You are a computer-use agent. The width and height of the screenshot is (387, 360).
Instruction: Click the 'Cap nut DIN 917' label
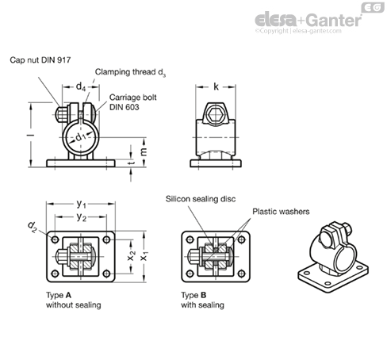40,60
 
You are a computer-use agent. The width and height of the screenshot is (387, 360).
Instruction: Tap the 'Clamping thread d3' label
130,72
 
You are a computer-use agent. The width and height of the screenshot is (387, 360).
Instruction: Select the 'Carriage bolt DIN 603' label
132,102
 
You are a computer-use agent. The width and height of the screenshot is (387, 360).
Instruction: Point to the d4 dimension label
81,86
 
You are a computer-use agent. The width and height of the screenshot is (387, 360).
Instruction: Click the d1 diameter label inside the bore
81,137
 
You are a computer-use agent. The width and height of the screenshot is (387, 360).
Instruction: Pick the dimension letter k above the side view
216,86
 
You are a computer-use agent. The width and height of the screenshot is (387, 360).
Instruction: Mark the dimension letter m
143,151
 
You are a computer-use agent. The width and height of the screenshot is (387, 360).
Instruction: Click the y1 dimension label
81,204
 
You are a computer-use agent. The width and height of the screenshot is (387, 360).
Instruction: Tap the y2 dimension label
81,217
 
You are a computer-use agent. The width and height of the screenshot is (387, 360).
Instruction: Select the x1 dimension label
144,256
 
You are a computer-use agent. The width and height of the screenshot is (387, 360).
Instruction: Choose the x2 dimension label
132,255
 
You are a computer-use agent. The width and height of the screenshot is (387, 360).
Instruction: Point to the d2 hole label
32,227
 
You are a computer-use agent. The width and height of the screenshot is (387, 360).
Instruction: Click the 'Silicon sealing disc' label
201,199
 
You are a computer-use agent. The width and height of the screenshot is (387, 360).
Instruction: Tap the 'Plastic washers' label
281,212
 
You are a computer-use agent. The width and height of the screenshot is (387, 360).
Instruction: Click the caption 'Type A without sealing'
74,300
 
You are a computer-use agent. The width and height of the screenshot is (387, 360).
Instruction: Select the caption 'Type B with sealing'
202,300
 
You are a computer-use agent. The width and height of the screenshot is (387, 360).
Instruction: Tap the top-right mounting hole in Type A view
106,239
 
